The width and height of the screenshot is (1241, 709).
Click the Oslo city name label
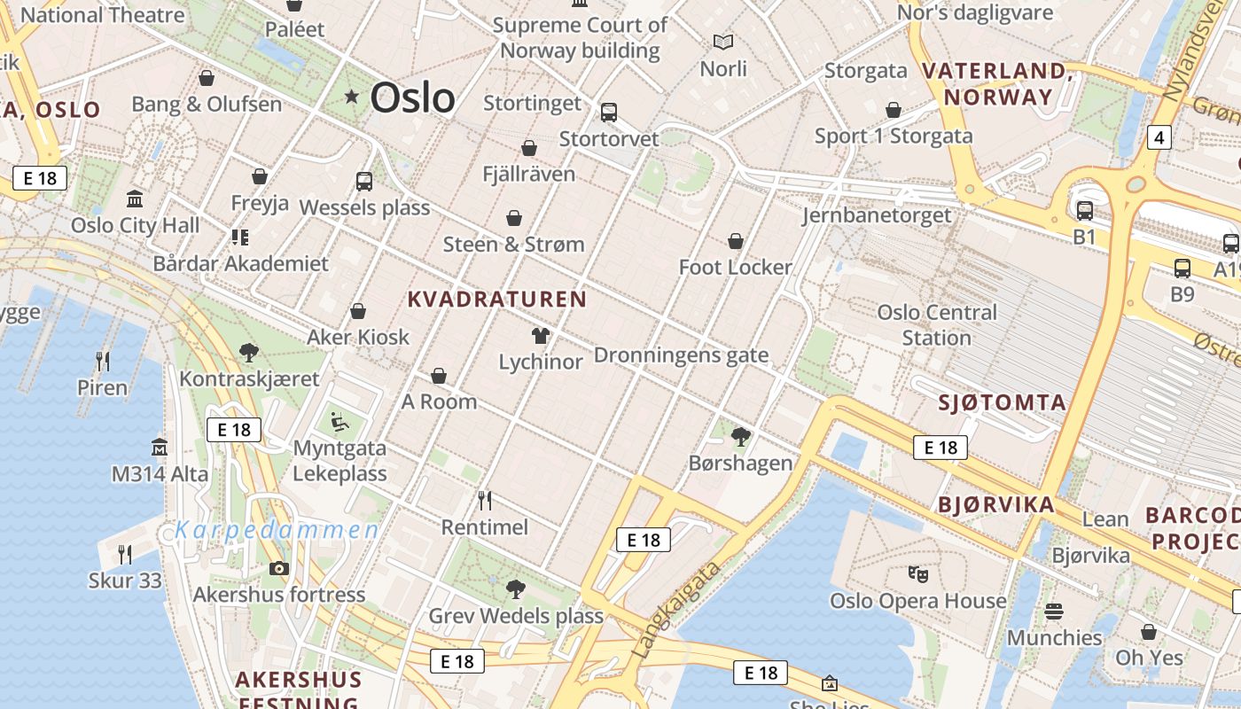coord(412,97)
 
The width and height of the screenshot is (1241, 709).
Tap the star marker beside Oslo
coord(352,96)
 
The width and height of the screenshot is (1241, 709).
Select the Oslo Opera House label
coord(917,601)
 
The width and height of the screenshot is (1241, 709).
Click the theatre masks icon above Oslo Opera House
coord(918,573)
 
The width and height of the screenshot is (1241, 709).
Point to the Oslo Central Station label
coord(937,324)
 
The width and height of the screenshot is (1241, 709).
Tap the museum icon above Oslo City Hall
coord(135,199)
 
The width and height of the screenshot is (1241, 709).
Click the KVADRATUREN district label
coord(496,300)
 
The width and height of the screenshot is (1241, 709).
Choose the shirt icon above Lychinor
coord(540,335)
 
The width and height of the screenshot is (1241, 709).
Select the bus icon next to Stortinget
coord(608,113)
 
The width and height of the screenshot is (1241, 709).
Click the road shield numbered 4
coord(1159,137)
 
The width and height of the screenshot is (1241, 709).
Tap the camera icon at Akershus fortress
coord(279,568)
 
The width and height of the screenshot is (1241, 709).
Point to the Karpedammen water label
coord(277,531)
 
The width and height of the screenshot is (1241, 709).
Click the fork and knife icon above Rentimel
coord(484,501)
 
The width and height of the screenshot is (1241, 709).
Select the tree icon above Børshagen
coord(741,436)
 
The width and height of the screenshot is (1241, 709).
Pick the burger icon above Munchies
coord(1053,611)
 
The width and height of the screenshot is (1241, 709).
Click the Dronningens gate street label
coord(681,355)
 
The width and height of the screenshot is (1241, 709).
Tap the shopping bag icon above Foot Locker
coord(735,240)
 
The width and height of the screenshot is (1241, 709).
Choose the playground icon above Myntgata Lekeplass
coord(340,420)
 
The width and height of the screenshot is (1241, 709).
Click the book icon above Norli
coord(723,42)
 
